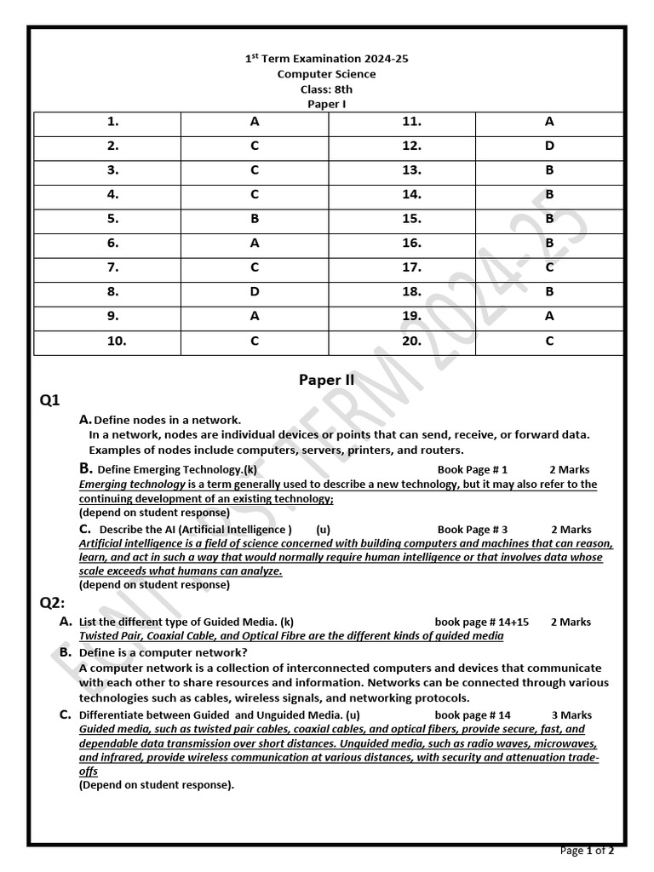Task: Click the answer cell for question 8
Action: coord(255,292)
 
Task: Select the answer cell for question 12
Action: coord(549,146)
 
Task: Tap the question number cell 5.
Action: coord(112,219)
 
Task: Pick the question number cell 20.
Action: coord(412,341)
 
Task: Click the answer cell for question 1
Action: coord(255,122)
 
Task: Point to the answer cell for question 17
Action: coord(549,267)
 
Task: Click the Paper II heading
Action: coord(326,380)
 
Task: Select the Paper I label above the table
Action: coord(327,104)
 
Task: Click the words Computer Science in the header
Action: coord(327,74)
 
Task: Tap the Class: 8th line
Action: coord(327,89)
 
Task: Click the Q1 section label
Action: coord(49,400)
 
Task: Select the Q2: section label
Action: coord(52,603)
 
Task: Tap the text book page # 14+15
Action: coord(481,622)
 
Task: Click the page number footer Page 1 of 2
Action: coord(587,851)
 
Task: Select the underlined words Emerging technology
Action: coord(132,485)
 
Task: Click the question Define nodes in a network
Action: coord(167,420)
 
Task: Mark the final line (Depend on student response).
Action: coord(157,785)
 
